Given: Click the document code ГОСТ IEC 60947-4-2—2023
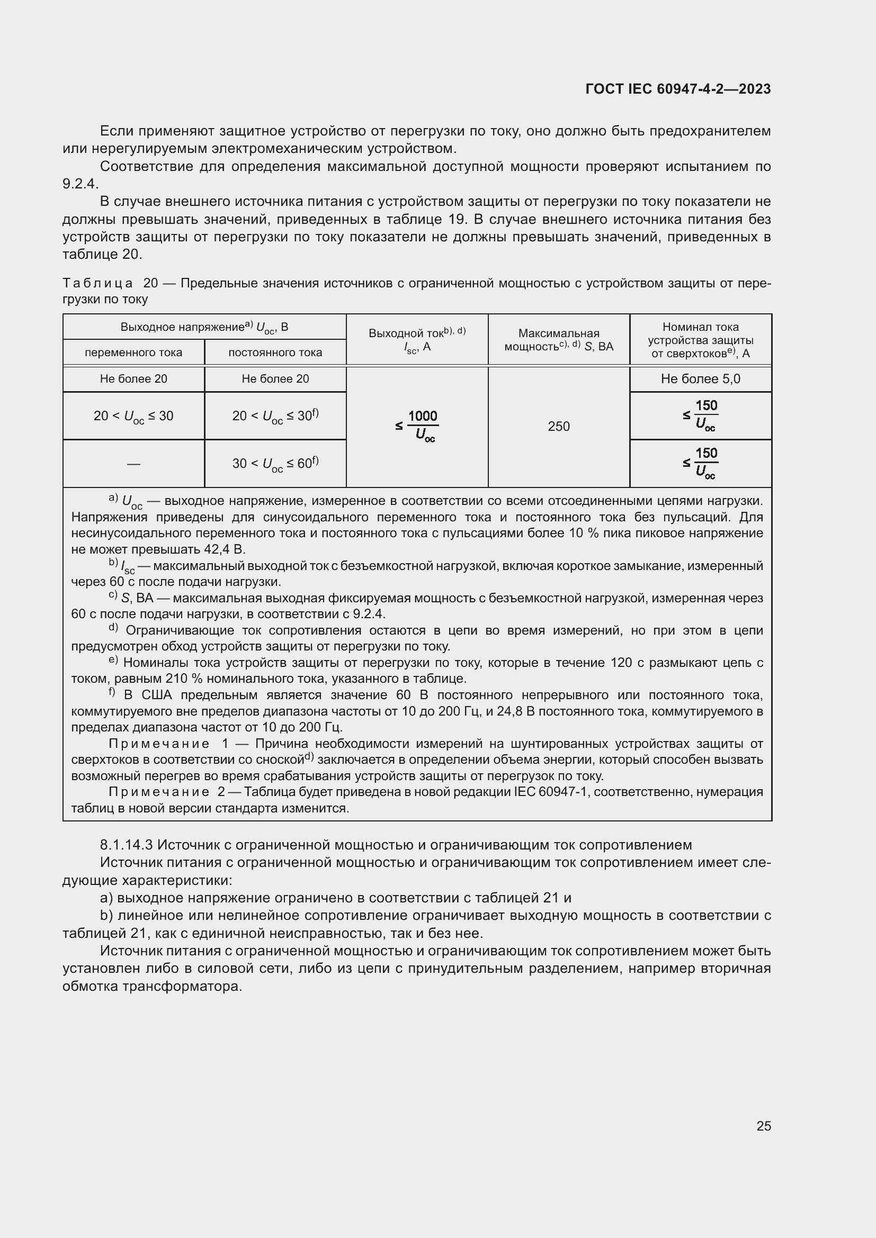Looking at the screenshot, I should pyautogui.click(x=677, y=89).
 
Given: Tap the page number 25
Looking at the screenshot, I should pyautogui.click(x=763, y=1126).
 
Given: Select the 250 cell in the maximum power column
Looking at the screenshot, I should pyautogui.click(x=558, y=427).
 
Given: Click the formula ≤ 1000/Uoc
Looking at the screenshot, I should pyautogui.click(x=416, y=426).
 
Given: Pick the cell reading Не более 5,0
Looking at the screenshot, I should pyautogui.click(x=700, y=379).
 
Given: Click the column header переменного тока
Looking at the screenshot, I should pyautogui.click(x=133, y=353).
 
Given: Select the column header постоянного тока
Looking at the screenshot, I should pyautogui.click(x=275, y=353).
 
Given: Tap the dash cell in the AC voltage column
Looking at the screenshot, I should pyautogui.click(x=133, y=464).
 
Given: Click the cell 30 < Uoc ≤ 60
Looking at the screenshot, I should pyautogui.click(x=275, y=464).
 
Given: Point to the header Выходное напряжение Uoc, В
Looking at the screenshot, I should pyautogui.click(x=204, y=327).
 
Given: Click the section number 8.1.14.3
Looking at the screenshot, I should pyautogui.click(x=127, y=844).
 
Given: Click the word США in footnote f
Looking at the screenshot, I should pyautogui.click(x=156, y=695).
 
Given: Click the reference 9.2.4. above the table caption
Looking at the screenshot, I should pyautogui.click(x=81, y=184).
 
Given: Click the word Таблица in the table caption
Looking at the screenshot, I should pyautogui.click(x=97, y=284).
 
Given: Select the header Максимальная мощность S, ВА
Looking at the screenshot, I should pyautogui.click(x=558, y=340).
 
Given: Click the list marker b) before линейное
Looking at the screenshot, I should pyautogui.click(x=106, y=916).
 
